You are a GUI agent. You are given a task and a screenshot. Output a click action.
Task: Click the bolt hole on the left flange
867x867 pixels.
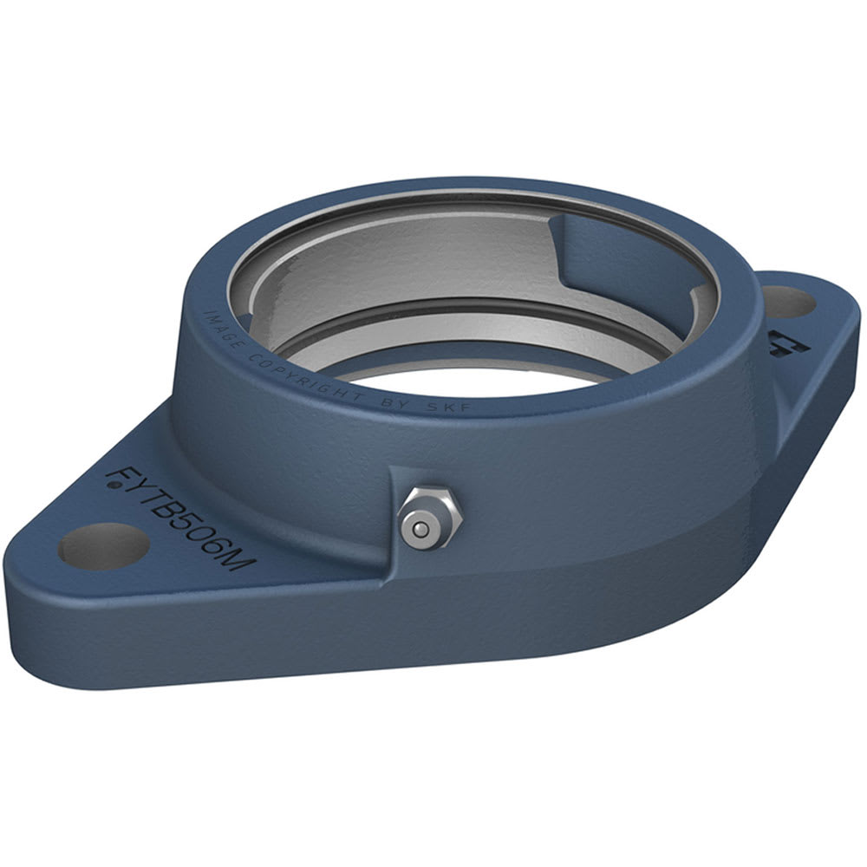coord(102,547)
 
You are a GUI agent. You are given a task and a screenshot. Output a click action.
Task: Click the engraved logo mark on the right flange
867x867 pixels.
coord(785,342)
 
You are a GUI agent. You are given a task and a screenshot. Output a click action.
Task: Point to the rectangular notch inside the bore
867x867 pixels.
coord(607,251)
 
